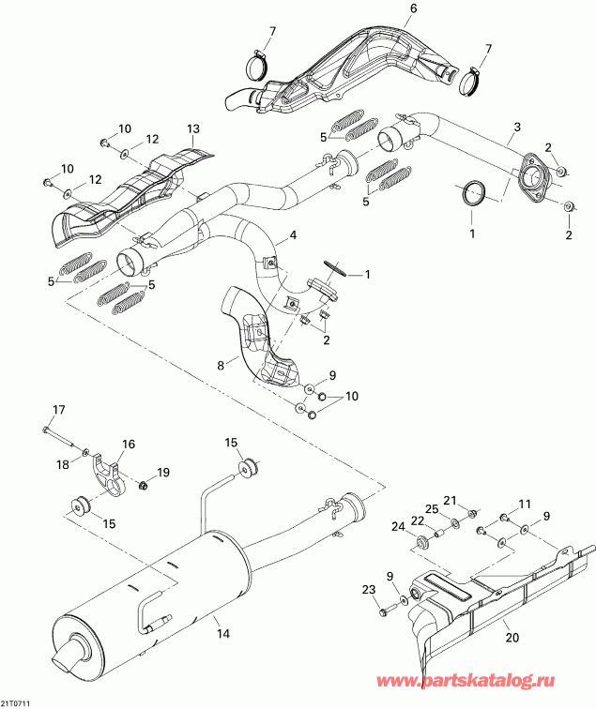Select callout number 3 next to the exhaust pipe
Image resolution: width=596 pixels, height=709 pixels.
(516, 127)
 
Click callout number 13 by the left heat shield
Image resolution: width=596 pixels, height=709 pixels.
(193, 128)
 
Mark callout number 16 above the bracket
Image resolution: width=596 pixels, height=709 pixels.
(129, 444)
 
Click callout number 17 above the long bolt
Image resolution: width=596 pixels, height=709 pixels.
(58, 408)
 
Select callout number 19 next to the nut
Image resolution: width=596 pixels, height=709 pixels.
(163, 472)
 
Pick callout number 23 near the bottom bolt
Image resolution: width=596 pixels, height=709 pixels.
(367, 588)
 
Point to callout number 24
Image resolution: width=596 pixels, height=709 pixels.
(397, 525)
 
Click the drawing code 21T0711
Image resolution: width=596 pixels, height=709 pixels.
(16, 701)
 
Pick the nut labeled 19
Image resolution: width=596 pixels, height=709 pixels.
(144, 486)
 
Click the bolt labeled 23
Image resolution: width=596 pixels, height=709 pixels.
(386, 612)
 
